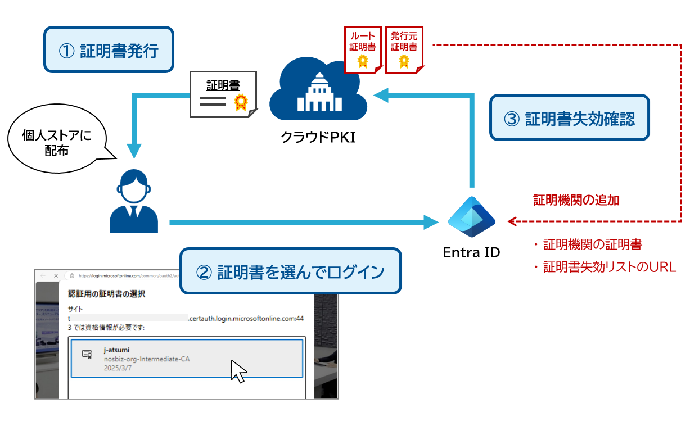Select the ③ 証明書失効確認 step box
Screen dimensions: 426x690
[x=570, y=119]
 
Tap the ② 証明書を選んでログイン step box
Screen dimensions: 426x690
[x=290, y=271]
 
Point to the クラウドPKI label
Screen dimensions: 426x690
[x=318, y=137]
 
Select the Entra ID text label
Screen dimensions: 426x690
[x=471, y=252]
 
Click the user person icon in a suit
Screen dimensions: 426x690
[x=134, y=201]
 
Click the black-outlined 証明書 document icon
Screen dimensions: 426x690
[x=223, y=94]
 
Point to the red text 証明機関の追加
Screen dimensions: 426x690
[x=576, y=200]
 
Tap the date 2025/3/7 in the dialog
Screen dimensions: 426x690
[x=116, y=368]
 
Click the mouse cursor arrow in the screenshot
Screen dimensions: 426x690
[x=238, y=371]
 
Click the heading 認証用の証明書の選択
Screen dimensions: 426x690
[x=107, y=293]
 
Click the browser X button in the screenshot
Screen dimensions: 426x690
[x=56, y=276]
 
